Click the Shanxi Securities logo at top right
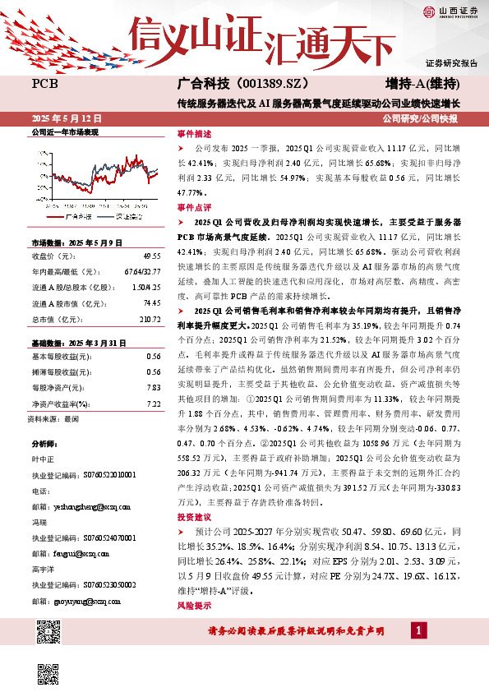446,12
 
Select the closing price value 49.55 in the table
150,256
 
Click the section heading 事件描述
194,133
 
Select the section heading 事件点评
194,209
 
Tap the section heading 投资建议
194,517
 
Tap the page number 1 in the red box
419,630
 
